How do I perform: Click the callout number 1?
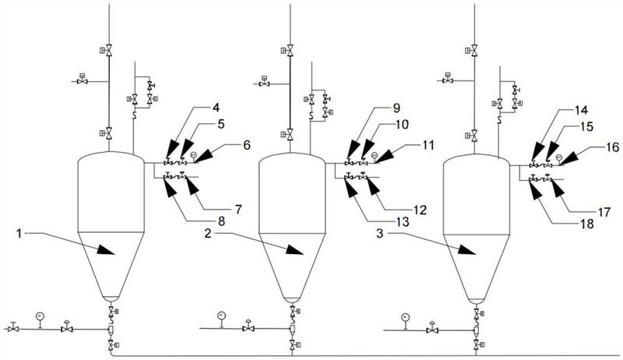(x=19, y=234)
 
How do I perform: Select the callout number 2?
(x=208, y=234)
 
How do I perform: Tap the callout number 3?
(x=380, y=233)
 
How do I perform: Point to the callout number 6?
(x=247, y=145)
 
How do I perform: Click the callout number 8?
(x=221, y=221)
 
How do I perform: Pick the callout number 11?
(x=428, y=145)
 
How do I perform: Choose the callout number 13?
(x=403, y=222)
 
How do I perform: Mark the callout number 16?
(x=613, y=147)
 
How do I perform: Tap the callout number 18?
(x=587, y=224)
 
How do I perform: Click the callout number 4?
(x=216, y=108)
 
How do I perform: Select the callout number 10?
(x=402, y=125)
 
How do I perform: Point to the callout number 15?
(x=586, y=126)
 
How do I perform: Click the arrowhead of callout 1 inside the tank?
(x=105, y=249)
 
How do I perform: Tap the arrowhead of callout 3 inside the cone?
(x=466, y=249)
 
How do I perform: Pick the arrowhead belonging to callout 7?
(x=192, y=186)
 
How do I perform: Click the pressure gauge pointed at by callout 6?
(x=193, y=154)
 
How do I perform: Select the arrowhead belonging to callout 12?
(x=374, y=187)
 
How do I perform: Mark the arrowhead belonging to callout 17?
(x=557, y=189)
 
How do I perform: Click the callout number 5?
(x=221, y=124)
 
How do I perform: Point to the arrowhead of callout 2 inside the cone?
(x=294, y=249)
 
